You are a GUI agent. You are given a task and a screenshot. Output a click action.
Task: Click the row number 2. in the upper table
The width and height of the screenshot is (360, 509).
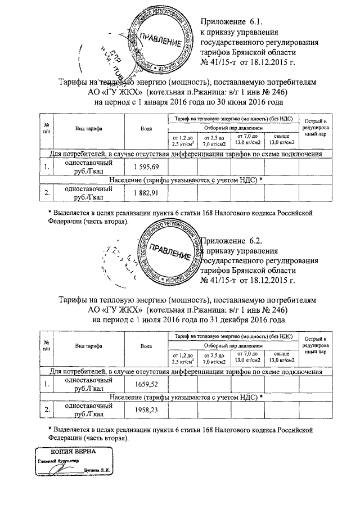click(47, 193)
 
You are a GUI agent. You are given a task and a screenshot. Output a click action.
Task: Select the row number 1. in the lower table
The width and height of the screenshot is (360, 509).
click(47, 384)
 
